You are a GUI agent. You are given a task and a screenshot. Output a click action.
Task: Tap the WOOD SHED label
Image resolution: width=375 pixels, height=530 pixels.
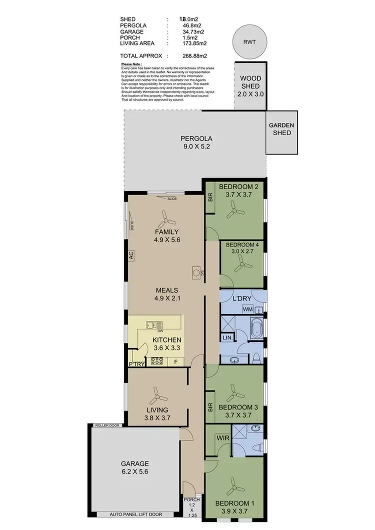(x=250, y=86)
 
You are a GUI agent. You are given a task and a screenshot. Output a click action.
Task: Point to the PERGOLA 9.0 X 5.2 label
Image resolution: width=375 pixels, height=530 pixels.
(x=197, y=142)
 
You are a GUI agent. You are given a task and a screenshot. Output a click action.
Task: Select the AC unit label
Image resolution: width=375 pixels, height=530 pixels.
(x=131, y=255)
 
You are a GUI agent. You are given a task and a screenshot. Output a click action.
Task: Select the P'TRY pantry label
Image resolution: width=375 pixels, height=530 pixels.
(x=136, y=364)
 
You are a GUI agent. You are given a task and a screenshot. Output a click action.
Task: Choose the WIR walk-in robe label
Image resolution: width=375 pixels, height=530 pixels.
(x=222, y=438)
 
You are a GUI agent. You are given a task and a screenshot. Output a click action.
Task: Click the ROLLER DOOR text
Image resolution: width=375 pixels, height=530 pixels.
(x=107, y=425)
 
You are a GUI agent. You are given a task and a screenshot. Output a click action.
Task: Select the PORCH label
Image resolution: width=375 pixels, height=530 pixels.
(x=192, y=500)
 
